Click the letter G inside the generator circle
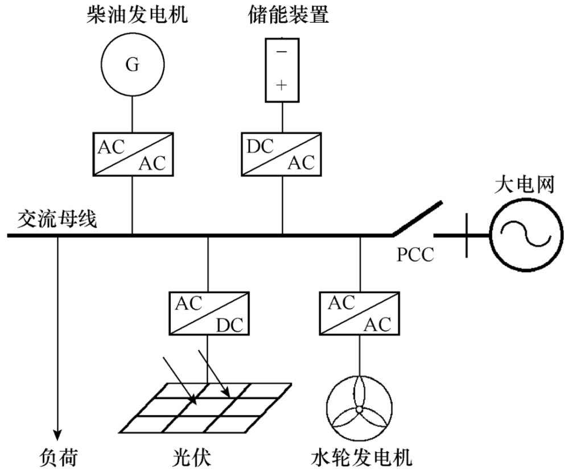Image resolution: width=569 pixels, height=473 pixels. tap(133, 65)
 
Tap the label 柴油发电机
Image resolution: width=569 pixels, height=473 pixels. tap(137, 15)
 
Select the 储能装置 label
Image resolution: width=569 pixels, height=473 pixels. tap(288, 15)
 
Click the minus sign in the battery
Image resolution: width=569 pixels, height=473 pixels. tap(282, 52)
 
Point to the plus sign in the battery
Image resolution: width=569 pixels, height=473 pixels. tap(282, 85)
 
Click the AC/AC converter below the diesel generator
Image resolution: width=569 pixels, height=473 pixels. tap(133, 154)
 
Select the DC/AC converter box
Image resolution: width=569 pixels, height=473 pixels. tap(282, 154)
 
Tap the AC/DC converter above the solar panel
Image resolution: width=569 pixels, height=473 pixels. tap(209, 313)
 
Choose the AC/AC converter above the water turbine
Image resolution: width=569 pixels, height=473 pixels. tap(360, 313)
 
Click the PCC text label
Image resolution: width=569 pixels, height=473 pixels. tap(415, 255)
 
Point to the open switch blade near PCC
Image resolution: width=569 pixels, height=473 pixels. tap(417, 219)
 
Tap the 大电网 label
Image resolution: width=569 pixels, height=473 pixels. tap(525, 185)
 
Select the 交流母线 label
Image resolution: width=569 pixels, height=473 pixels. tap(57, 219)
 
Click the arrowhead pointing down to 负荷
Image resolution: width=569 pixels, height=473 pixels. tap(57, 434)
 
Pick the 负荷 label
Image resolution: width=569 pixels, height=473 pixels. tap(59, 458)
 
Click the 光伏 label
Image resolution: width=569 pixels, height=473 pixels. tap(191, 458)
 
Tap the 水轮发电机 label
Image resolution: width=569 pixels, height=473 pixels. tap(361, 458)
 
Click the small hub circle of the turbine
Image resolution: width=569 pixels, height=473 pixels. tap(359, 409)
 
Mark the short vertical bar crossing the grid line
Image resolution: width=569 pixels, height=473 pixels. tap(467, 235)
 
